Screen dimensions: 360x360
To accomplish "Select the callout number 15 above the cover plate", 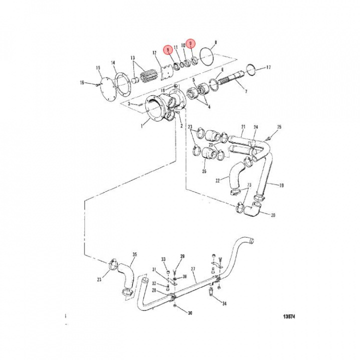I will [98, 67].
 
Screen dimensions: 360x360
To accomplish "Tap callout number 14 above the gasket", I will [113, 63].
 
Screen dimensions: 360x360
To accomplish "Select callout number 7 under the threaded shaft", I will [245, 92].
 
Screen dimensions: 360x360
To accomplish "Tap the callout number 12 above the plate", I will [154, 52].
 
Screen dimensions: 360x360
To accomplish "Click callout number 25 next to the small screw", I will [279, 127].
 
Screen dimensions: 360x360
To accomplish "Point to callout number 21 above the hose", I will [243, 127].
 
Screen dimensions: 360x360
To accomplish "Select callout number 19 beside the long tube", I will [281, 185].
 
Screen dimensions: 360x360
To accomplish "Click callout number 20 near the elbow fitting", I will [273, 215].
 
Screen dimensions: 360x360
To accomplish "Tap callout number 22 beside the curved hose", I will [217, 180].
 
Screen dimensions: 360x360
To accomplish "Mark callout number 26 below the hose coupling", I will [203, 171].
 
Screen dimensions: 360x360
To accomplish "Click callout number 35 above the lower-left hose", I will [134, 254].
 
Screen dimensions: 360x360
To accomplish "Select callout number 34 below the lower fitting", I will [224, 303].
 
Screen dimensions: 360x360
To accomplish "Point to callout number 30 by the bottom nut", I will [190, 313].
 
